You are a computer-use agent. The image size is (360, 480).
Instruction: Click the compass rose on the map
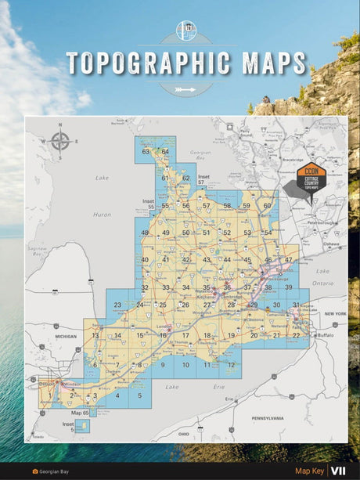60,142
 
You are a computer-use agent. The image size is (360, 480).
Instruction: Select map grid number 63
146,152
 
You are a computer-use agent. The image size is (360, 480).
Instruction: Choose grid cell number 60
267,206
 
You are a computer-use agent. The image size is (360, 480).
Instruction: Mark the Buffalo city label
326,335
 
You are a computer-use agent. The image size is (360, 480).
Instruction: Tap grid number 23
117,305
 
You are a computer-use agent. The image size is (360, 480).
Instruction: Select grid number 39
288,287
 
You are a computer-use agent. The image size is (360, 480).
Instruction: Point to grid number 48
145,233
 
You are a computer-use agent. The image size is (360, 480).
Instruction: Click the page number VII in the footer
338,471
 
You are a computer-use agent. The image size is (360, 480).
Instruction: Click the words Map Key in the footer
308,471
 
